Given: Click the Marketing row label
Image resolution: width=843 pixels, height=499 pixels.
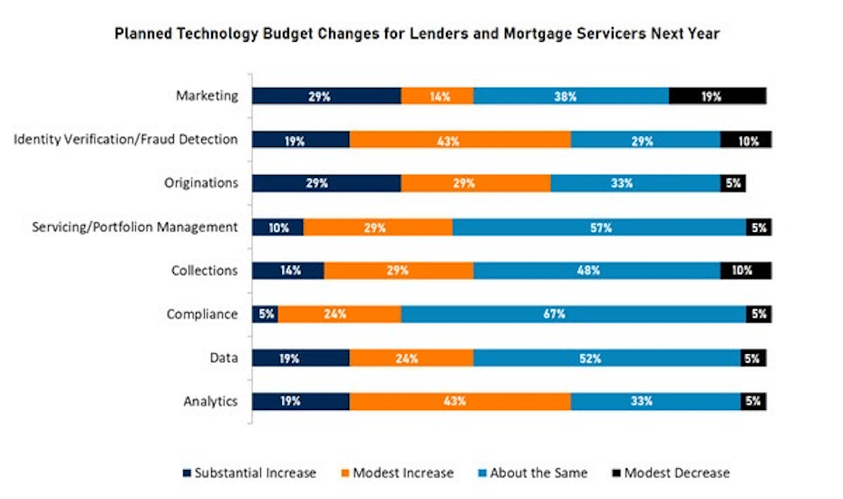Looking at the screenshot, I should [x=208, y=95].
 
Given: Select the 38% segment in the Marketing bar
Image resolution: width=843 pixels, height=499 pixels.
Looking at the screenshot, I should [x=570, y=96].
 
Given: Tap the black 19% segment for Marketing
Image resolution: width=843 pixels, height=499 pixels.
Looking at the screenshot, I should [x=717, y=96].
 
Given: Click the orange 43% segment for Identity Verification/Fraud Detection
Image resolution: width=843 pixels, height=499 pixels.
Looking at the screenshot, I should [x=460, y=140].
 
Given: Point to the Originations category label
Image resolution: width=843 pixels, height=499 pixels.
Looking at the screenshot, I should [x=202, y=182].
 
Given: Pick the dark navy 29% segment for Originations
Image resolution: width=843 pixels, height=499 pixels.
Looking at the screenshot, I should [x=325, y=183].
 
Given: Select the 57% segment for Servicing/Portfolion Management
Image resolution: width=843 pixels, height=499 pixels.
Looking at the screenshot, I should [x=598, y=228].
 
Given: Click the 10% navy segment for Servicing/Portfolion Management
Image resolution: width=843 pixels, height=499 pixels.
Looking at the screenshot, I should [x=277, y=228].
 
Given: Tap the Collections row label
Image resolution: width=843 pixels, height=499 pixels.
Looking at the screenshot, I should [x=204, y=270].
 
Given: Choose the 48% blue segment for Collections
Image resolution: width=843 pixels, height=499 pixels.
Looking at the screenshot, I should [x=596, y=271].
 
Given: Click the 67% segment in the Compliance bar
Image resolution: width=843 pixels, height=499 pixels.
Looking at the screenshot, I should [x=573, y=315].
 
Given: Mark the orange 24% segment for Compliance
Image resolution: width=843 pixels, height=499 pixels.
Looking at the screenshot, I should [x=339, y=315].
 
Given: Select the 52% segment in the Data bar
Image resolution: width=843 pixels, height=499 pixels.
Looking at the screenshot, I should [x=606, y=358].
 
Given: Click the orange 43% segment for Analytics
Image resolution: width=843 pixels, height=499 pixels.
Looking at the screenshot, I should [x=460, y=402].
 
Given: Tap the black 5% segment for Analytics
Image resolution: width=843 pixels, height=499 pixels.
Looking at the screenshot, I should [x=752, y=402].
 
